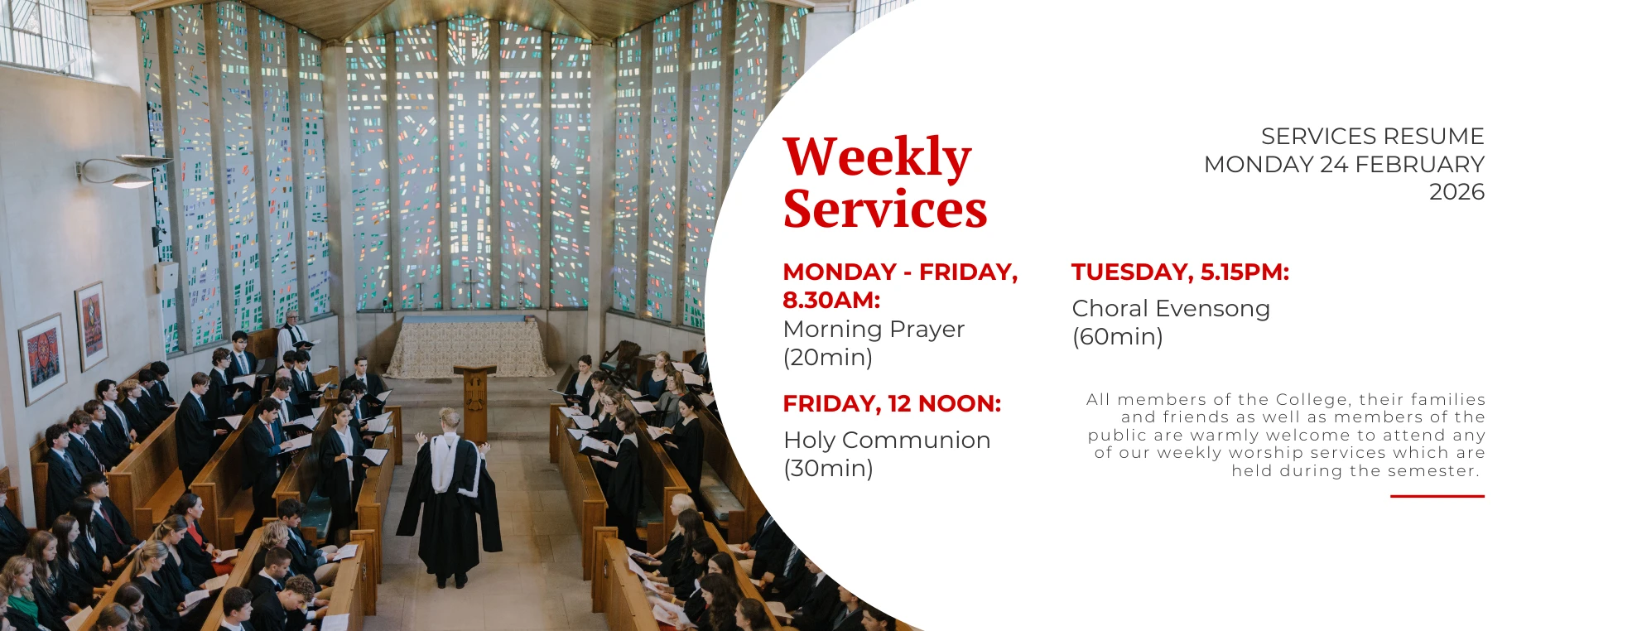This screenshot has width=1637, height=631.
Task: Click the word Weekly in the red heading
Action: point(877,157)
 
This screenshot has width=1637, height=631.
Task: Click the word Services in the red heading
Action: point(885,209)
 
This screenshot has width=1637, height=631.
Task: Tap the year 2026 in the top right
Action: point(1456,192)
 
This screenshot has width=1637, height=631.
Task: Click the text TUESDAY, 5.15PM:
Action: point(1181,272)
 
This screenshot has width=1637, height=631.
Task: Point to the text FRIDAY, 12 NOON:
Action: point(892,403)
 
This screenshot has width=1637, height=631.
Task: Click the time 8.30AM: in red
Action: point(831,300)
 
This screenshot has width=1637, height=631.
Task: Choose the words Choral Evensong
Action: point(1171,309)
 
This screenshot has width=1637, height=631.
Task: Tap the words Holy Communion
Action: point(887,440)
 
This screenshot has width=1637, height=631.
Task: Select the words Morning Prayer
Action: point(874,330)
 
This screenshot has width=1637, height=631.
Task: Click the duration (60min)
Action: point(1118,337)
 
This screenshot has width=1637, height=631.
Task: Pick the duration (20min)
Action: point(828,358)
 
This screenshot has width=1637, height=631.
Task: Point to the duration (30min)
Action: point(828,469)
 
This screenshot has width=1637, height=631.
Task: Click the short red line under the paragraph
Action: point(1437,496)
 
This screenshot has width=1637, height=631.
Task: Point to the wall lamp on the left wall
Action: point(124,169)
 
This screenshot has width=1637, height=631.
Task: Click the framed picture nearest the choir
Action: point(90,325)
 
